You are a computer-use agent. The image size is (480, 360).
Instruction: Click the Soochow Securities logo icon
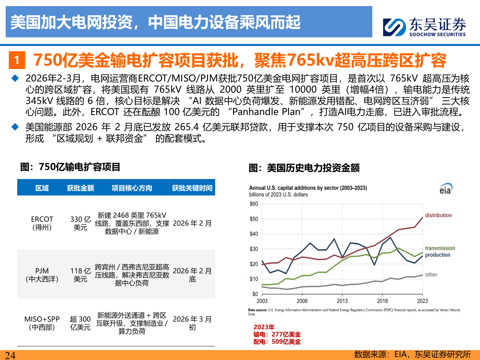pos(394,27)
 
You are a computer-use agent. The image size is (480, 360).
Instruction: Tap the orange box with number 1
pos(17,60)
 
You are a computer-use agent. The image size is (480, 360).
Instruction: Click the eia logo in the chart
pos(446,189)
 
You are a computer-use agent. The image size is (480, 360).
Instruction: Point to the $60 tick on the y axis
pos(254,204)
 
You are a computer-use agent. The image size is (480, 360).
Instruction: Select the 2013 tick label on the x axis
pos(342,301)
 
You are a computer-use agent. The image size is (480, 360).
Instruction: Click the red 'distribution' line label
pos(438,215)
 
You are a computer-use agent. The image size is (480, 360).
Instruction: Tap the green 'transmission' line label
pos(440,248)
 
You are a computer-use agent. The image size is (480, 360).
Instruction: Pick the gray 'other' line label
pos(431,275)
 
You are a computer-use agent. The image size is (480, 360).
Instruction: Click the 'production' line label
pos(437,255)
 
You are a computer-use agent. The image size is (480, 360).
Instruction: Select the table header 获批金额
pos(80,188)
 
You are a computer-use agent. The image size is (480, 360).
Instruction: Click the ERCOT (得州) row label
pos(42,223)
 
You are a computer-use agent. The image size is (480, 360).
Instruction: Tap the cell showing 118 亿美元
pos(80,275)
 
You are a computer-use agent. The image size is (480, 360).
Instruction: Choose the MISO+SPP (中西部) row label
pos(42,323)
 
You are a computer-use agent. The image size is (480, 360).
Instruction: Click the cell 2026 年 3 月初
pos(192,323)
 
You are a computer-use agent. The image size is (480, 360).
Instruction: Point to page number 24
pos(10,355)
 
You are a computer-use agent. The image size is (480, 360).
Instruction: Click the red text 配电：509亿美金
pos(277,342)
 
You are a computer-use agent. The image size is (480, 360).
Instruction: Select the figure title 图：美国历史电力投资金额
pos(304,168)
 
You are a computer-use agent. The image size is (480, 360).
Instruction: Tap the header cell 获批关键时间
pos(192,188)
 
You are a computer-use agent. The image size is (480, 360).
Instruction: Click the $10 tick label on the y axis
pos(254,279)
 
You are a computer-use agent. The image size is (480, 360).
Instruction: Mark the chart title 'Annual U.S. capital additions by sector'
pos(308,188)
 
